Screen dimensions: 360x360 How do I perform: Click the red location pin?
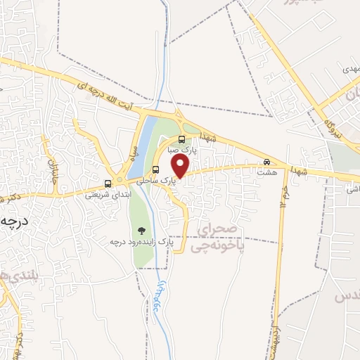click(181, 166)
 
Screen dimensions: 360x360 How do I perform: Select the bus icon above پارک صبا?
click(182, 139)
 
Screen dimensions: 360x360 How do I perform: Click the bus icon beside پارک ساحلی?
click(155, 169)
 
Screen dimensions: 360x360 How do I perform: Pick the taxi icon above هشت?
click(266, 161)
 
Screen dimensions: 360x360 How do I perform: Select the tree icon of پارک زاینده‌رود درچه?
click(141, 230)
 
